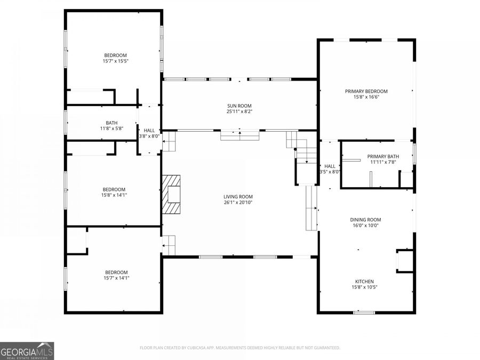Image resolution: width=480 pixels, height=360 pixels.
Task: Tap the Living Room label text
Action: point(238,196)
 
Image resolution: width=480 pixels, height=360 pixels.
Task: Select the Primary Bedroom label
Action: point(366,91)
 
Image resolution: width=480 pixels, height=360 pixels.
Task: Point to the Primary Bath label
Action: point(383,156)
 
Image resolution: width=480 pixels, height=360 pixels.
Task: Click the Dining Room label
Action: point(365,220)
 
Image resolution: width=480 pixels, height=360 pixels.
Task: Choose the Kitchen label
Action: point(365,282)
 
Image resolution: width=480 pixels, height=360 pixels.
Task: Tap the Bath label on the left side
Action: point(111,122)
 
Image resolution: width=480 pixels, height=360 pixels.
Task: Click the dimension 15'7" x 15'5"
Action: point(116,61)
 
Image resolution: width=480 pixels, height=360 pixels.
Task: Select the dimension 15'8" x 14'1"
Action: point(114,195)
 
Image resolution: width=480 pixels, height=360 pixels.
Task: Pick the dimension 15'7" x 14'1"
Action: point(116,277)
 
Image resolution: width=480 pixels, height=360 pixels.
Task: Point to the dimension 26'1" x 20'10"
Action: point(238,202)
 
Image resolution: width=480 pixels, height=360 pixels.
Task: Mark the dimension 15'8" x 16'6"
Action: point(366,97)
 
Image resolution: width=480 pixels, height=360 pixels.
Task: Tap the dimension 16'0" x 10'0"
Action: point(365,226)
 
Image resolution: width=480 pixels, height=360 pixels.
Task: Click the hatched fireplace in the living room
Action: point(172,195)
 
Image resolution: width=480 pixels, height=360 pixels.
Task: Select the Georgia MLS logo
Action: point(27,351)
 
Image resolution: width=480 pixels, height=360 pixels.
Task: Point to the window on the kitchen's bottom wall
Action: point(364,312)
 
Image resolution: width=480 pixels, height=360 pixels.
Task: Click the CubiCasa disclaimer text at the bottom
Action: point(239,348)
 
